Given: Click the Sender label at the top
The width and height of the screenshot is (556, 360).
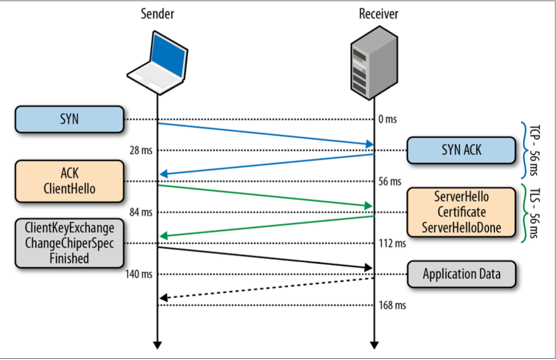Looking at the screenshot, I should [x=157, y=14].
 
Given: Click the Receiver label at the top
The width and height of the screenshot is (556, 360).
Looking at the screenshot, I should [x=378, y=14].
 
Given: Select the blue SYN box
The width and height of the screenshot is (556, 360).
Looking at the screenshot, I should [x=69, y=119].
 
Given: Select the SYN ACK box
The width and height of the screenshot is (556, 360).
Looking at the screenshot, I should [x=462, y=150].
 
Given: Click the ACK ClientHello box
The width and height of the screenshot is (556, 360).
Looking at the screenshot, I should [x=69, y=181].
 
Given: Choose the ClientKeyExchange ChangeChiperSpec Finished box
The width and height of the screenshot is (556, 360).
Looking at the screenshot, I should [x=69, y=242].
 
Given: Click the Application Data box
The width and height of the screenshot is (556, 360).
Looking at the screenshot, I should [x=462, y=274].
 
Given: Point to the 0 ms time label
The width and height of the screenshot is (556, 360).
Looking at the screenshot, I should [x=388, y=120].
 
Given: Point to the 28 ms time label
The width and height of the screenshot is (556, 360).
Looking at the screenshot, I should [x=141, y=151].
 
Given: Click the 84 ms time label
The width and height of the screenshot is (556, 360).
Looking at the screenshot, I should [x=141, y=212].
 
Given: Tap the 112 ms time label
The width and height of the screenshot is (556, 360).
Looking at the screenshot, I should [x=392, y=243].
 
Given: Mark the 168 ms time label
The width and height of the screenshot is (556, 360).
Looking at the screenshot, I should [x=392, y=305].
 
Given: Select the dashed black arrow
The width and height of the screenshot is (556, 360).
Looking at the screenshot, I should [x=266, y=287].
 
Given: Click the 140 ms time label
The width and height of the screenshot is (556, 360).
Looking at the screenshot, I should [x=140, y=274].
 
